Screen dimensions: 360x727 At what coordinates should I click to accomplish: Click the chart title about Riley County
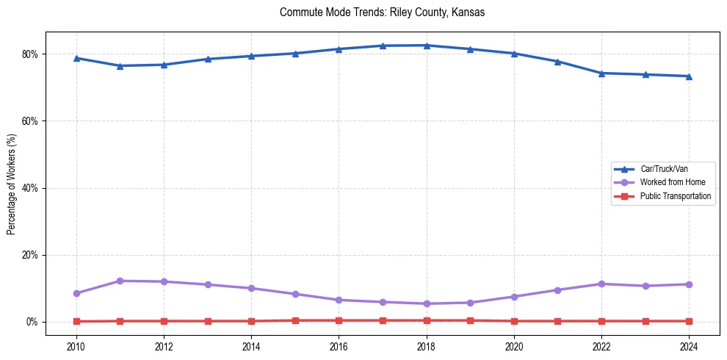pyautogui.click(x=382, y=12)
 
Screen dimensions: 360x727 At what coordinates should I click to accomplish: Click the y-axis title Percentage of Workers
pyautogui.click(x=12, y=184)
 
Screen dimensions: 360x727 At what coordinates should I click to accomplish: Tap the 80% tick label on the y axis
pyautogui.click(x=30, y=54)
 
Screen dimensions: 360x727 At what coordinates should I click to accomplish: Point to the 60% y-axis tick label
pyautogui.click(x=30, y=121)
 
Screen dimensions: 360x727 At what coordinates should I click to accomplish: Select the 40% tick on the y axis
pyautogui.click(x=30, y=188)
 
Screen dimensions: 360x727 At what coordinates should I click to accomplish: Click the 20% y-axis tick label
pyautogui.click(x=30, y=255)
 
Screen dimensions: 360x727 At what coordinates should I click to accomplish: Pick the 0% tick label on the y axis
pyautogui.click(x=32, y=323)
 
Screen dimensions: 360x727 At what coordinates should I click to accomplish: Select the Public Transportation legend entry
pyautogui.click(x=675, y=196)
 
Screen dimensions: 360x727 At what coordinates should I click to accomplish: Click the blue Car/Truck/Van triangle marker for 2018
pyautogui.click(x=427, y=46)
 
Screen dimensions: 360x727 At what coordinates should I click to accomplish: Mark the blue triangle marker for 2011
pyautogui.click(x=120, y=65)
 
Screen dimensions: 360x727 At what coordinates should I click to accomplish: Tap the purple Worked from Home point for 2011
pyautogui.click(x=120, y=281)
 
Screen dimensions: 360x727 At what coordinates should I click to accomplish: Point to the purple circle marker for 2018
pyautogui.click(x=427, y=303)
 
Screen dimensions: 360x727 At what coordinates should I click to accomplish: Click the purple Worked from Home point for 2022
pyautogui.click(x=601, y=284)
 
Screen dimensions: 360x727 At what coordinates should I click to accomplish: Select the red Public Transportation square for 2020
pyautogui.click(x=514, y=321)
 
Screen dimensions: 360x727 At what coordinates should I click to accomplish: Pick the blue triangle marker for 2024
pyautogui.click(x=689, y=76)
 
